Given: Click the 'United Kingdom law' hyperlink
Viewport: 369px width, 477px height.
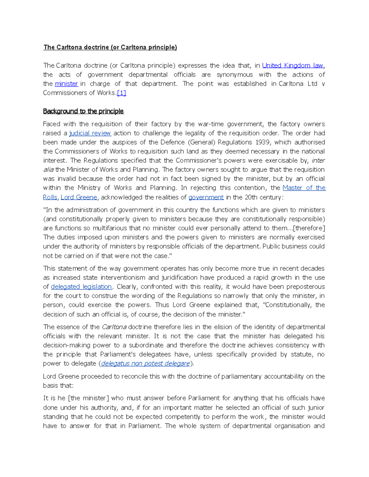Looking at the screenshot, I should pyautogui.click(x=292, y=65).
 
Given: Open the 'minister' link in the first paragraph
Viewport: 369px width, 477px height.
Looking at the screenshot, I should pyautogui.click(x=66, y=84).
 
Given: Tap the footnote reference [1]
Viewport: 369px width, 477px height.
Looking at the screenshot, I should pyautogui.click(x=121, y=93).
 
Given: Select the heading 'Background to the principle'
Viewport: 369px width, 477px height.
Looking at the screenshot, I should pyautogui.click(x=83, y=111).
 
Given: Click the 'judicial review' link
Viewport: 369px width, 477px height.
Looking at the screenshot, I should pyautogui.click(x=90, y=133).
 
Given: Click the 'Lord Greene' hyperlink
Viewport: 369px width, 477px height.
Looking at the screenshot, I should pyautogui.click(x=79, y=197).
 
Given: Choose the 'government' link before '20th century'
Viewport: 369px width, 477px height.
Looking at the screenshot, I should pyautogui.click(x=206, y=197).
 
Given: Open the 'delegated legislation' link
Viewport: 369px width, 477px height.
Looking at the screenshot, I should pyautogui.click(x=81, y=287).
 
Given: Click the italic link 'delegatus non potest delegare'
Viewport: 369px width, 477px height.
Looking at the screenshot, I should pyautogui.click(x=145, y=363).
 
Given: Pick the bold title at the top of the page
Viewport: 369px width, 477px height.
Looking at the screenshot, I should pyautogui.click(x=110, y=47).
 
